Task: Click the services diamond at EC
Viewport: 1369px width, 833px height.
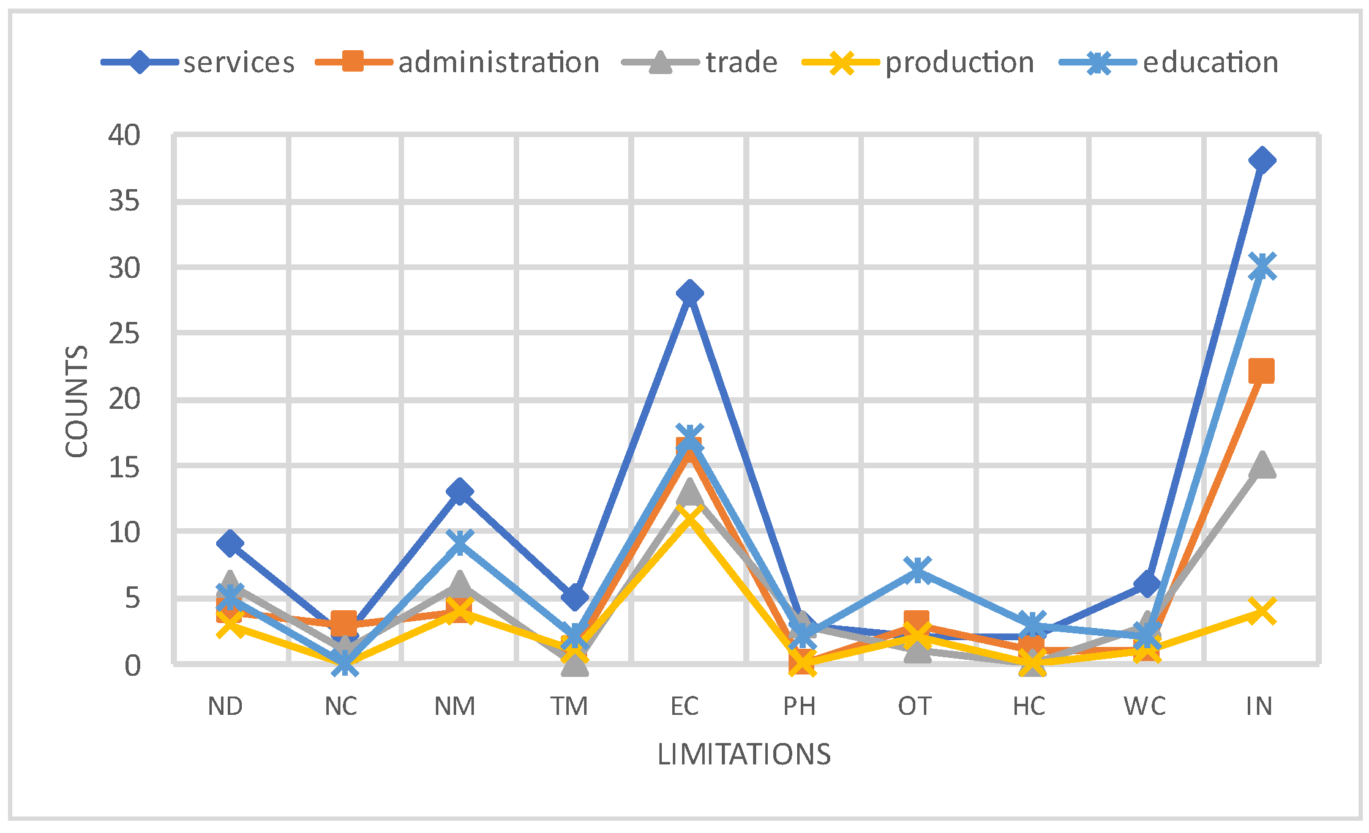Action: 689,293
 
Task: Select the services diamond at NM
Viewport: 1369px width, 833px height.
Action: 459,491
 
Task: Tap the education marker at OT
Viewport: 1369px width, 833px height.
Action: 918,570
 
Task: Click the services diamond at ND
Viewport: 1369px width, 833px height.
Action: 230,544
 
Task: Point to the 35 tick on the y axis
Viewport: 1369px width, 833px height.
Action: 124,201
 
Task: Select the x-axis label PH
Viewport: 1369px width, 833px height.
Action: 799,706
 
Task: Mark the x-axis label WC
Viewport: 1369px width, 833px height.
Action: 1144,706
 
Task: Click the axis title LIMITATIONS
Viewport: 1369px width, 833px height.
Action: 744,755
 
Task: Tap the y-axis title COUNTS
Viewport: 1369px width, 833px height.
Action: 77,401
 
